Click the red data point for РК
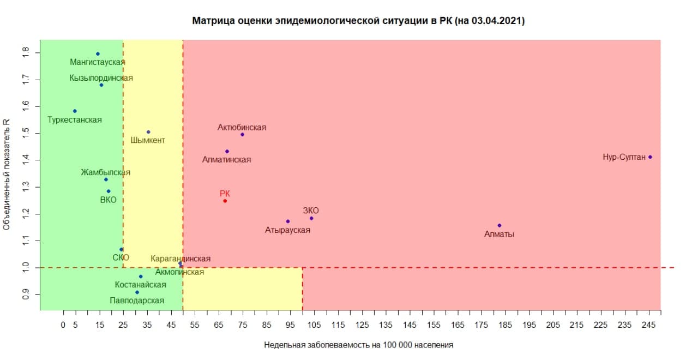pos(225,201)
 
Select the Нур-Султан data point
pos(651,157)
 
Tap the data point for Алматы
pos(500,225)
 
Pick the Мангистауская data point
pos(98,54)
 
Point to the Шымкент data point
pos(148,132)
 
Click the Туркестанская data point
pos(75,111)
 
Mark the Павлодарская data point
pos(137,292)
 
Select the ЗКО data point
pos(311,219)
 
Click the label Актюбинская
pos(242,127)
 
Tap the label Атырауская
pos(287,230)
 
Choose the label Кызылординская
pos(101,77)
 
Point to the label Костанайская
pos(141,285)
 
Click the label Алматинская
pos(226,160)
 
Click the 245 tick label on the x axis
pos(648,325)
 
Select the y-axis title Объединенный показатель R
pos(7,175)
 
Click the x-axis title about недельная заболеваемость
pos(359,345)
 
